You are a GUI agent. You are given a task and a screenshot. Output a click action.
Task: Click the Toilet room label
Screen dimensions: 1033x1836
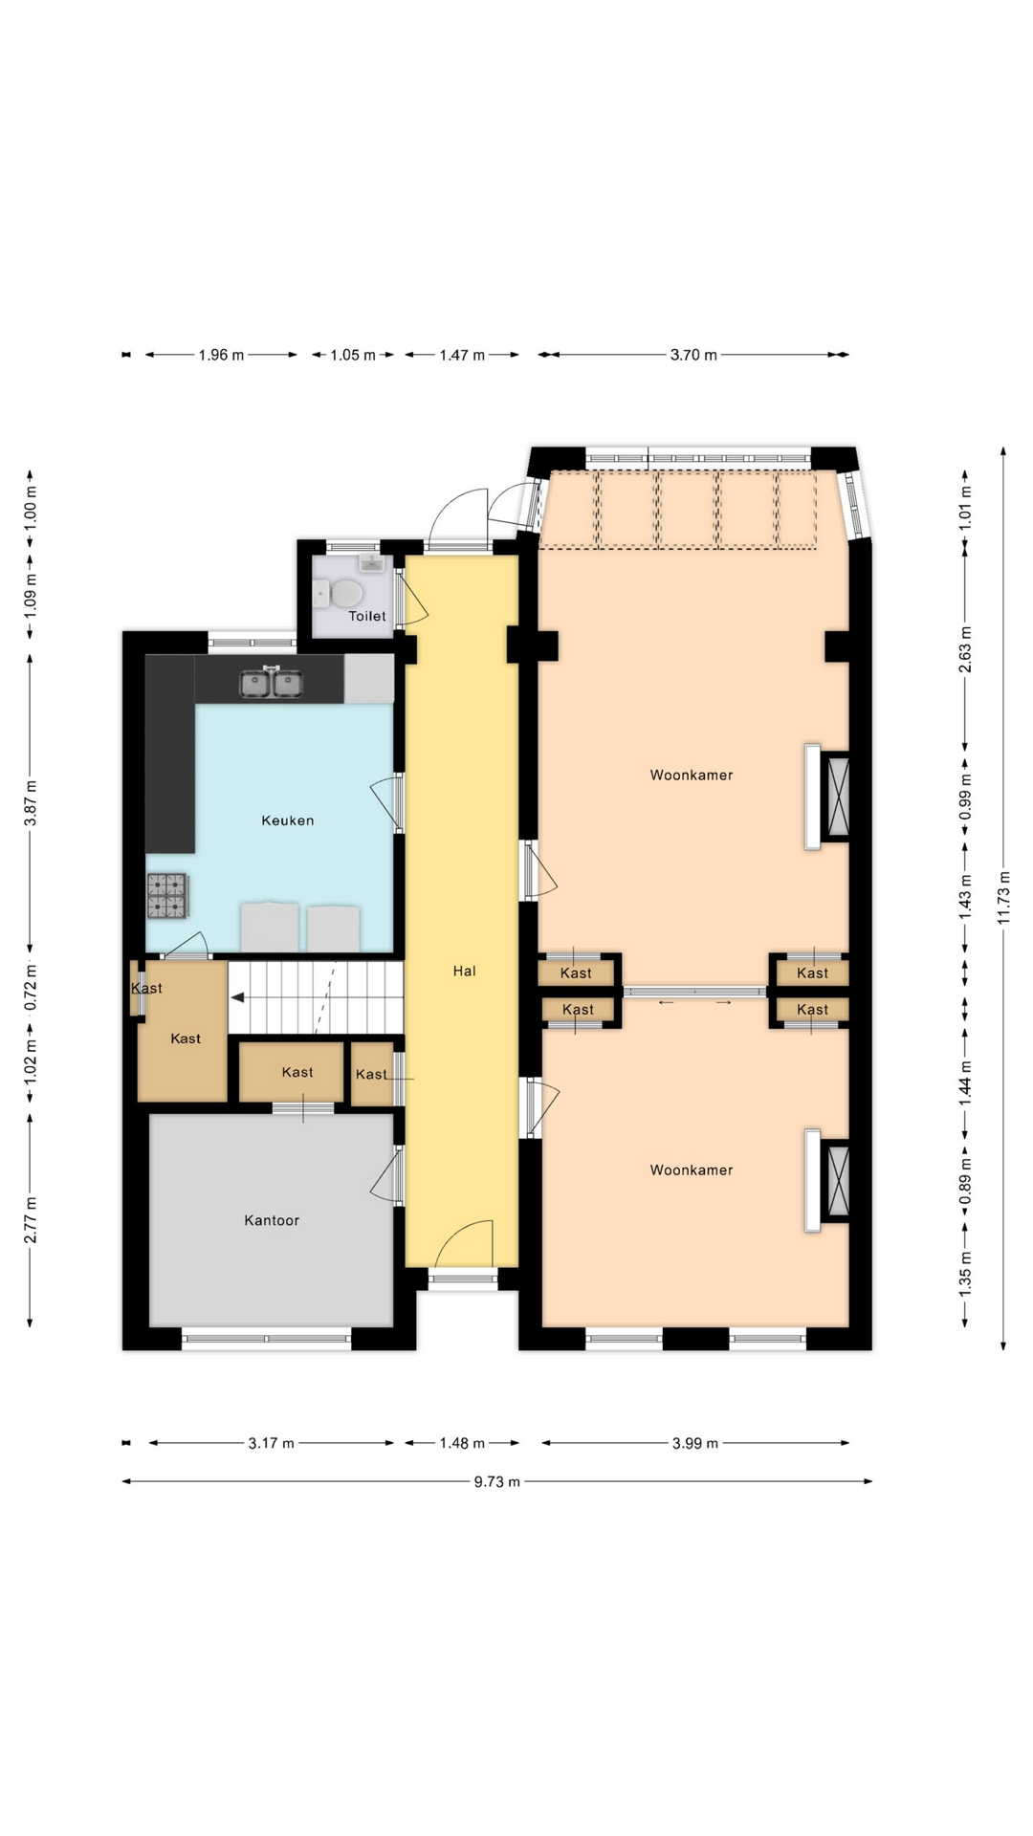point(367,616)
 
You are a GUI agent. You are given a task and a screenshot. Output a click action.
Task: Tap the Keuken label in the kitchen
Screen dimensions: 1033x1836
point(288,820)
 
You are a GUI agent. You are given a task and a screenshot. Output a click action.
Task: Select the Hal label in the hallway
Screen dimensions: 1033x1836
point(464,971)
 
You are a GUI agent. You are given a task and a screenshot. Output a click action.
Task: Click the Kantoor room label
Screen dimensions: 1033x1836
point(272,1220)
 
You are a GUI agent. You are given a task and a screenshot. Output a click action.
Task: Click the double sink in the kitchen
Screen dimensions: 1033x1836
point(272,684)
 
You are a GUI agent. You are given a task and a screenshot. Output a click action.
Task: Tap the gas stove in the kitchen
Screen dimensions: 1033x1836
point(167,896)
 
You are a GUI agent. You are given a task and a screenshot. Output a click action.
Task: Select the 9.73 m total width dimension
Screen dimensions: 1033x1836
point(497,1482)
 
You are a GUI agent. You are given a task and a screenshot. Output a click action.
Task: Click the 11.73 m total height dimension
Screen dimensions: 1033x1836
point(1003,898)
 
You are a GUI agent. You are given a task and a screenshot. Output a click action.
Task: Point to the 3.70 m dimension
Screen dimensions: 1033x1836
point(693,355)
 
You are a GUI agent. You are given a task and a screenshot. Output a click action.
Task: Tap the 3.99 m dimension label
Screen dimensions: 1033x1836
point(694,1443)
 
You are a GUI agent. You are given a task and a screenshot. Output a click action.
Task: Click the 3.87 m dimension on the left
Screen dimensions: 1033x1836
point(31,803)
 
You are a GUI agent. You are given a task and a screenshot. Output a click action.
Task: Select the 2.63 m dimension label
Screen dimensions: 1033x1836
point(965,649)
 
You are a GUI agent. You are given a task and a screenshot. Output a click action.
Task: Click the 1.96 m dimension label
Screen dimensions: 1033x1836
point(221,355)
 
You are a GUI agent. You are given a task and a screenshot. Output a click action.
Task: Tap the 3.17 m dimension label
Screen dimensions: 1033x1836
point(272,1443)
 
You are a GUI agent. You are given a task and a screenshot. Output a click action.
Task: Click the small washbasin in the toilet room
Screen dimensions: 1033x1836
point(371,562)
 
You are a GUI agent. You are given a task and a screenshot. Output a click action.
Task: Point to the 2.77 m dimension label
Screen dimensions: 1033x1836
point(31,1220)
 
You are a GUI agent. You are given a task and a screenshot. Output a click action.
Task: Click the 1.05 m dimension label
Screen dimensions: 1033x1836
point(353,355)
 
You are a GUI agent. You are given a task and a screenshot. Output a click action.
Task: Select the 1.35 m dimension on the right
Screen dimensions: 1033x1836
point(965,1274)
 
